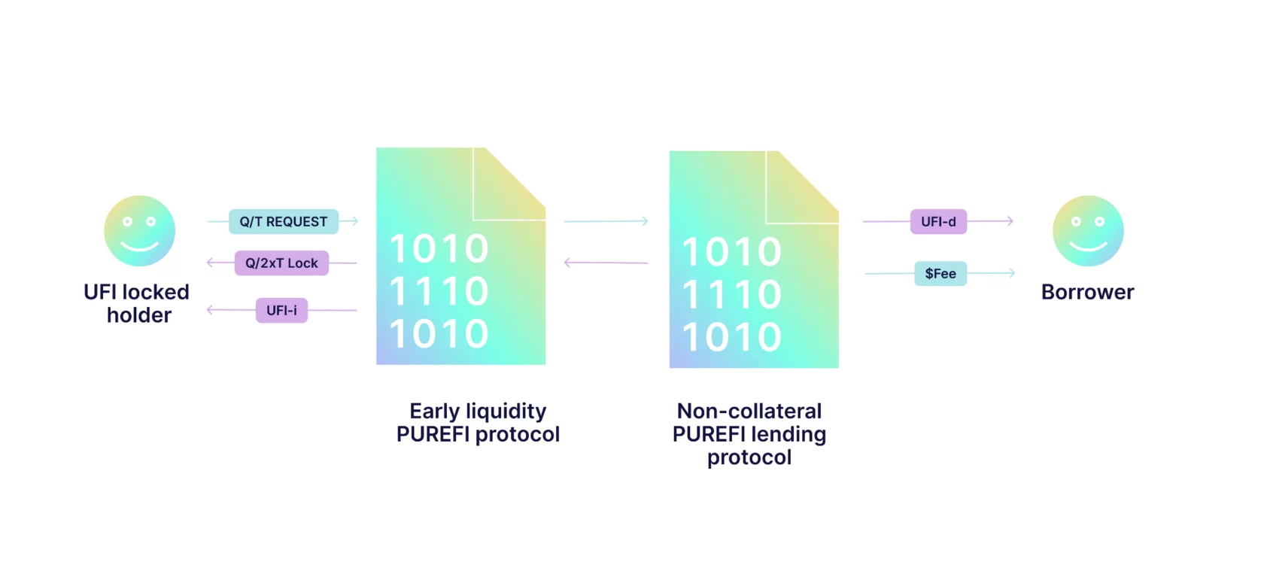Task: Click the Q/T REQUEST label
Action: (x=284, y=222)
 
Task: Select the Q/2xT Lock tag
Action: (x=281, y=263)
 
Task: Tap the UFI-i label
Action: (x=281, y=311)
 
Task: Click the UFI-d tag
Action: (x=938, y=222)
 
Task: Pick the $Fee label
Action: (x=940, y=274)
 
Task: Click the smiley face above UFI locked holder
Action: (x=139, y=231)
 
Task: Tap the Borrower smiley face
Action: (x=1088, y=231)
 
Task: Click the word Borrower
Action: (x=1087, y=292)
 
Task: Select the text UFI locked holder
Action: (x=137, y=303)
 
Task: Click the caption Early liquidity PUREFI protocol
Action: (x=478, y=423)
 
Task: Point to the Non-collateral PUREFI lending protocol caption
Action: (x=749, y=434)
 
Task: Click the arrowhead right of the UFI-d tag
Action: (x=1010, y=221)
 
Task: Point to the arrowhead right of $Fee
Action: (x=1011, y=273)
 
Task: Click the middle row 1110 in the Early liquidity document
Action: (x=439, y=292)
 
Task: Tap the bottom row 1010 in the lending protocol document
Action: (x=732, y=337)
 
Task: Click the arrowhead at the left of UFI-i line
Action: (x=211, y=310)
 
